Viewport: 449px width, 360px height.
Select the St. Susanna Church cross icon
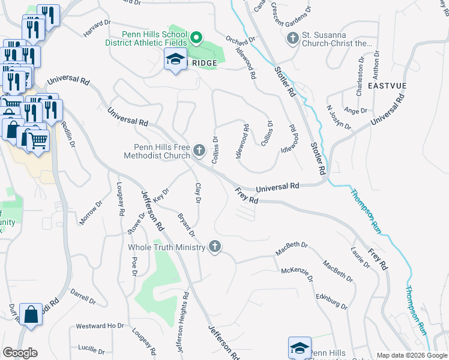click(292, 39)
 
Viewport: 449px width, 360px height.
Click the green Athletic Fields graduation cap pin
click(196, 39)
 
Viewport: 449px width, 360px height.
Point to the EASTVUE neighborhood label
click(387, 86)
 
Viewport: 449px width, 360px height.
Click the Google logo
click(20, 353)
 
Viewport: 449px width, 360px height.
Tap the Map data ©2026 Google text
click(411, 355)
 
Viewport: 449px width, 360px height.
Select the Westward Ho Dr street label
click(100, 326)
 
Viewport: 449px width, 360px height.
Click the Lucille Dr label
click(91, 348)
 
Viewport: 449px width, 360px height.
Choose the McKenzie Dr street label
click(298, 275)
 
